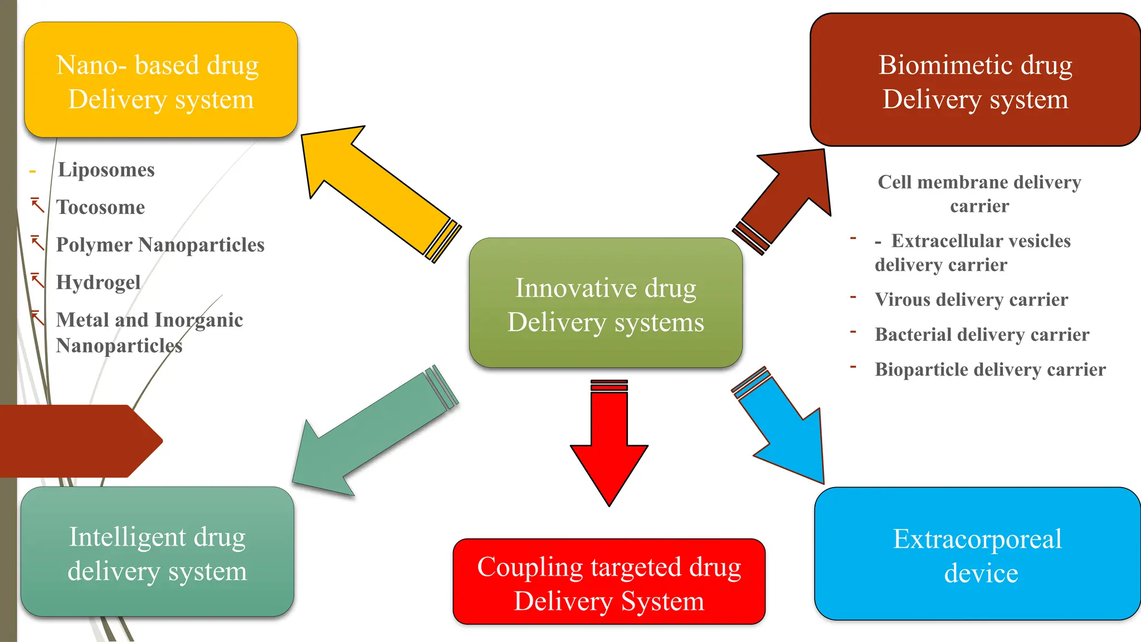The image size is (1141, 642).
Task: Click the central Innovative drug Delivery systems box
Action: pyautogui.click(x=606, y=304)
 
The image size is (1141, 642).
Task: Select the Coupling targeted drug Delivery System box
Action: pyautogui.click(x=609, y=582)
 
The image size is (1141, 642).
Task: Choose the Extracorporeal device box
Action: pyautogui.click(x=978, y=555)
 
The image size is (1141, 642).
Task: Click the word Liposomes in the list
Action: pyautogui.click(x=106, y=170)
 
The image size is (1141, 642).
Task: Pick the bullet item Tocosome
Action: pyautogui.click(x=101, y=207)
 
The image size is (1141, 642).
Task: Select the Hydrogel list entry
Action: pyautogui.click(x=99, y=282)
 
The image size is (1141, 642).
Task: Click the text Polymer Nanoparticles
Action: pyautogui.click(x=160, y=245)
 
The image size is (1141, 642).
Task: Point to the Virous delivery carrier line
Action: pyautogui.click(x=971, y=300)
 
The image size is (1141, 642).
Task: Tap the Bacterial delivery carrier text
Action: pyautogui.click(x=982, y=334)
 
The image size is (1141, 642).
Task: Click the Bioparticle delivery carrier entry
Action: pyautogui.click(x=990, y=369)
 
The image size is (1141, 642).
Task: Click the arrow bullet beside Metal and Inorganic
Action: pyautogui.click(x=37, y=318)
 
